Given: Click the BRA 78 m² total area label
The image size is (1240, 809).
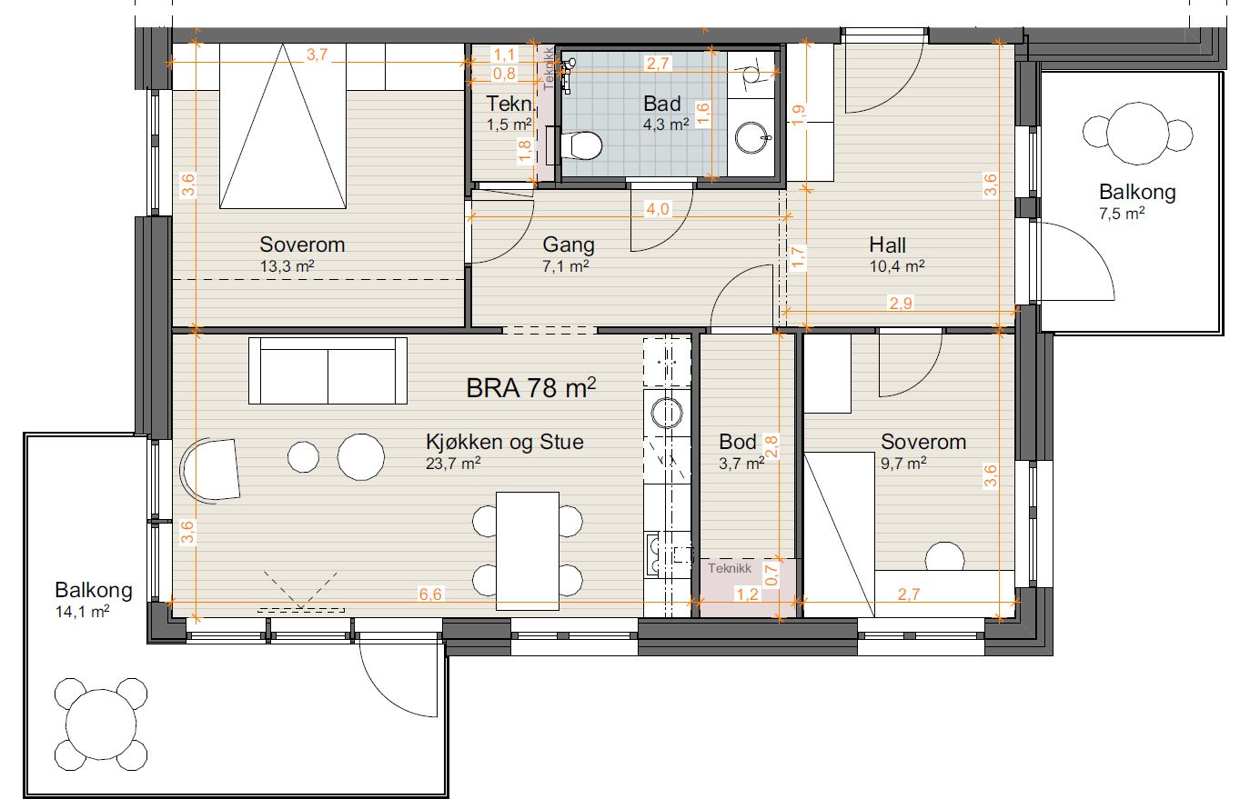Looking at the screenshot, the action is point(531,387).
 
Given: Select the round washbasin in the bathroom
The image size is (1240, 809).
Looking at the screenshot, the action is point(753,137).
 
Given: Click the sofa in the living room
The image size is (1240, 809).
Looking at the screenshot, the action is point(328,371).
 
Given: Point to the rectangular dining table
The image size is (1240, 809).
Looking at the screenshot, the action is point(527,551).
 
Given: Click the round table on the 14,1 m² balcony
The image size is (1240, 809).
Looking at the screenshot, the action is point(101,724).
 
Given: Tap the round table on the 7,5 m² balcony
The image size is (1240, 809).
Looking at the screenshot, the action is point(1137,134).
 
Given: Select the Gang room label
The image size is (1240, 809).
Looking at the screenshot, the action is point(568,245).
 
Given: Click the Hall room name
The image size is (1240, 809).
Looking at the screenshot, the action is point(887,245).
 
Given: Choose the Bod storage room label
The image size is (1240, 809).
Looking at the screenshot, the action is point(737,442).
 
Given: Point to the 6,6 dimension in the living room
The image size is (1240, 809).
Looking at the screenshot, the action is point(430,594).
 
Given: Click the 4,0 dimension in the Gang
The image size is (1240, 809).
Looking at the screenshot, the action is point(658,209).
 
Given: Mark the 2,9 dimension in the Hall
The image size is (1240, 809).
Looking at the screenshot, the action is point(901,303).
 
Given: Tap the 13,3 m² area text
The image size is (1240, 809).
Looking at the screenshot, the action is point(287,266).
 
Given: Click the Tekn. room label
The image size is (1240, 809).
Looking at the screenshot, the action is point(510,104).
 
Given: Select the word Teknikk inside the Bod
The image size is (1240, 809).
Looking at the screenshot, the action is point(730,568).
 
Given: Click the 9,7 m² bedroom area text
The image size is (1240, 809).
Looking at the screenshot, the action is point(903,463).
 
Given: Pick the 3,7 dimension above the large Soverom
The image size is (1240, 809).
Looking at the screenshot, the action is point(318,55).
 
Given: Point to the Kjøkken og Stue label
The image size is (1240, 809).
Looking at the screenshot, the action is point(504,442).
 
